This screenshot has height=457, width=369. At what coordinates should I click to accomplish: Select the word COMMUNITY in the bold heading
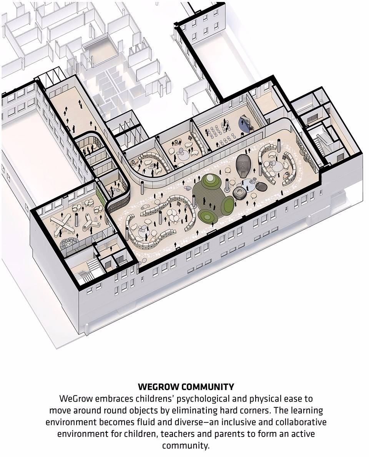coord(208,387)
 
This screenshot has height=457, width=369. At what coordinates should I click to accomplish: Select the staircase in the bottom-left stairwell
coord(86,270)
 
